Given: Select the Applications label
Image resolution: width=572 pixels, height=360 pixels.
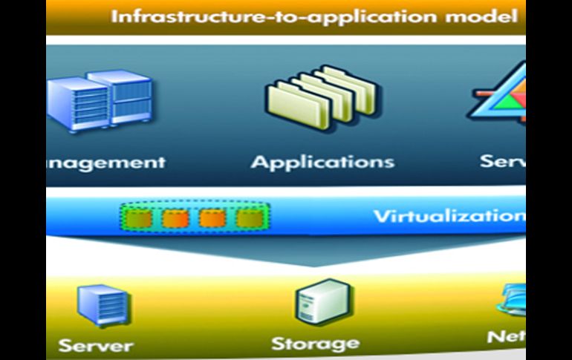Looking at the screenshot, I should pyautogui.click(x=322, y=162).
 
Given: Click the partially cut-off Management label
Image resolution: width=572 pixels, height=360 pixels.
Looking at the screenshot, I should pyautogui.click(x=104, y=163).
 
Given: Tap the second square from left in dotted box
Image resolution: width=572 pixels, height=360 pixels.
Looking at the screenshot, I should pyautogui.click(x=173, y=218).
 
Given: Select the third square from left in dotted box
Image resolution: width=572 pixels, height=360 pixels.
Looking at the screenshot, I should pyautogui.click(x=212, y=218).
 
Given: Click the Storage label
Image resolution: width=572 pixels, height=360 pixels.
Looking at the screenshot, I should pyautogui.click(x=314, y=343).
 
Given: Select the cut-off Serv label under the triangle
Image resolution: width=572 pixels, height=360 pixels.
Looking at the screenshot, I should pyautogui.click(x=502, y=161).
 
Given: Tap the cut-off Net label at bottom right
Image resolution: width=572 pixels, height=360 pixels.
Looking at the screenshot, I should pyautogui.click(x=505, y=337).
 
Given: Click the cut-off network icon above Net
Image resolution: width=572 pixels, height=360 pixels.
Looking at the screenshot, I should pyautogui.click(x=513, y=301).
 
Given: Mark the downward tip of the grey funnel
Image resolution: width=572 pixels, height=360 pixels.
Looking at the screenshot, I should pyautogui.click(x=313, y=265).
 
